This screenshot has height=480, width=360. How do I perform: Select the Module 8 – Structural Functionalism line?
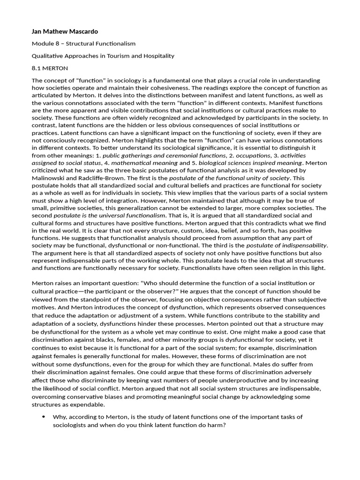(83, 44)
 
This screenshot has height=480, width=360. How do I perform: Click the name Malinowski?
(50, 178)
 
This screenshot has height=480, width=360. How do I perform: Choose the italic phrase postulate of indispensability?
(286, 245)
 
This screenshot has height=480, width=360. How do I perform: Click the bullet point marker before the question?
(44, 417)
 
